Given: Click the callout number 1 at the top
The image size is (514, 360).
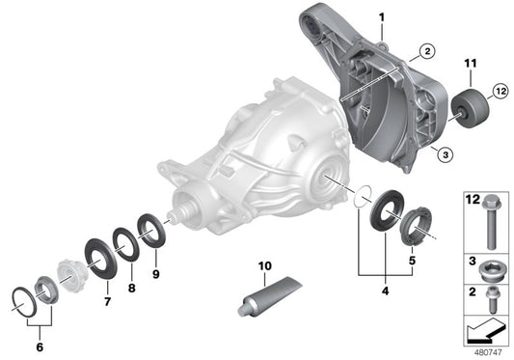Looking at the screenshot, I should pyautogui.click(x=380, y=17).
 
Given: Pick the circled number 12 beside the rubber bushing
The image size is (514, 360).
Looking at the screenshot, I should pyautogui.click(x=500, y=92).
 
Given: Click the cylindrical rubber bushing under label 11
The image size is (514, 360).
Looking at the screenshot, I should pyautogui.click(x=473, y=105).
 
